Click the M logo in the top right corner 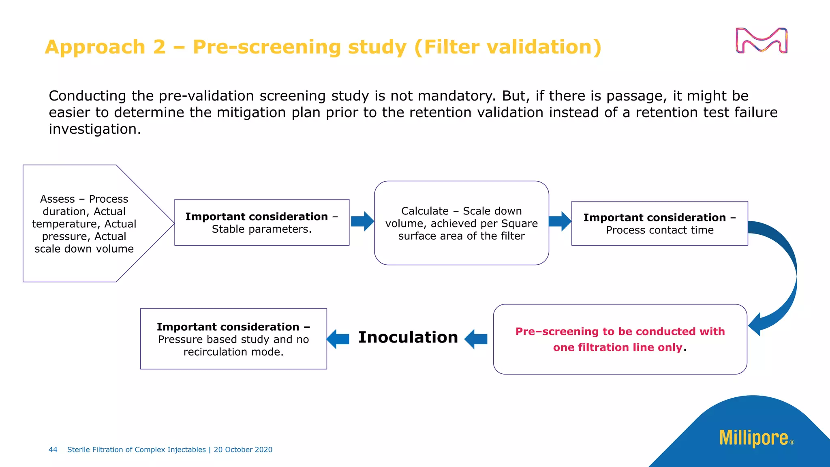point(761,41)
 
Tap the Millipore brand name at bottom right point(753,438)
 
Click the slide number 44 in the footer point(53,450)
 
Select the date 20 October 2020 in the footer point(243,450)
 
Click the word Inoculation point(408,337)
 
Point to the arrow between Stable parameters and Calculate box point(362,221)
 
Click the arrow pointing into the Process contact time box point(560,221)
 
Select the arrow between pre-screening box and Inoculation point(476,339)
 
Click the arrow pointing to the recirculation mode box point(338,339)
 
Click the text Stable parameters point(261,229)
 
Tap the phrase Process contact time point(659,230)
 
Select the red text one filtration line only point(618,347)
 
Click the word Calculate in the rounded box point(424,211)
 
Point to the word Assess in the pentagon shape point(57,199)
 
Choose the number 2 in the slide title point(159,47)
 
